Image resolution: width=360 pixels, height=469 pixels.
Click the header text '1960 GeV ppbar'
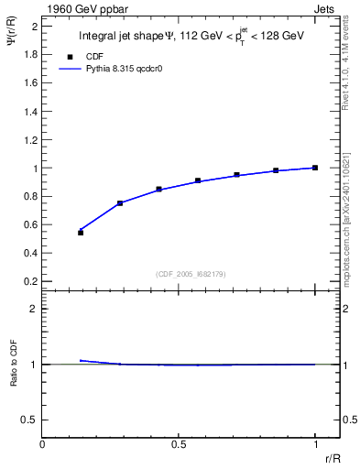pyautogui.click(x=76, y=7)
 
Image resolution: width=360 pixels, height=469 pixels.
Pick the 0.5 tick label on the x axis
pyautogui.click(x=179, y=444)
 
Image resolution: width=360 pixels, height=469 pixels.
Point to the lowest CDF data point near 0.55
pyautogui.click(x=81, y=233)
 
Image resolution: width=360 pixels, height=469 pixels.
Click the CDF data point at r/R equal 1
pyautogui.click(x=315, y=168)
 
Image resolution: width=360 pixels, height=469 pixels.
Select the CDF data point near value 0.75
pyautogui.click(x=120, y=203)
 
